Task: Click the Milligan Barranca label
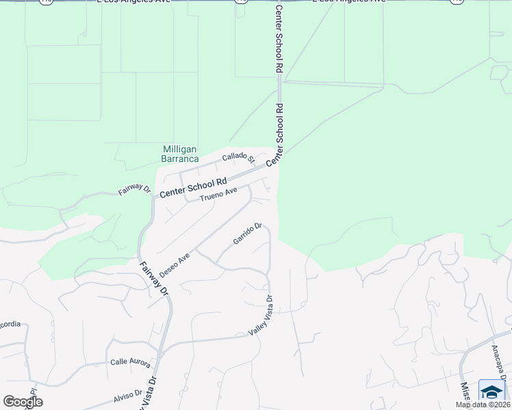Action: tap(179, 154)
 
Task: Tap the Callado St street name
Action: tap(238, 159)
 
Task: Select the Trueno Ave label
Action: tap(218, 195)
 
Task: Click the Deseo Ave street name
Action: tap(174, 266)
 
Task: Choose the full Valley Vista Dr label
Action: tap(261, 315)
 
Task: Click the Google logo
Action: tap(23, 402)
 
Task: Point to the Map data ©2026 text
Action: tap(483, 405)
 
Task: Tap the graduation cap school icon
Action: tap(491, 392)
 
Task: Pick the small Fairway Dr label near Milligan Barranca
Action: tap(133, 189)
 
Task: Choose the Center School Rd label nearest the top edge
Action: tap(279, 40)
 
